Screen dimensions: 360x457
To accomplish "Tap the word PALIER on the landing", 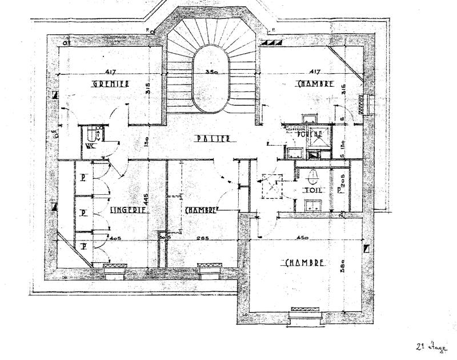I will pyautogui.click(x=211, y=138).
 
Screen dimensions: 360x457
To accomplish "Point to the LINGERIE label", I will pyautogui.click(x=129, y=210).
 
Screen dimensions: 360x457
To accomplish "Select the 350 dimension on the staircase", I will pyautogui.click(x=213, y=73).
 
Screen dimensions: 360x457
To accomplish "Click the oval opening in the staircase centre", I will pyautogui.click(x=208, y=80).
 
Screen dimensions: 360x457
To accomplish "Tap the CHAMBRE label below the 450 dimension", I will pyautogui.click(x=304, y=263).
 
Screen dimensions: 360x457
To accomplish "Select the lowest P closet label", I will pyautogui.click(x=83, y=246).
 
